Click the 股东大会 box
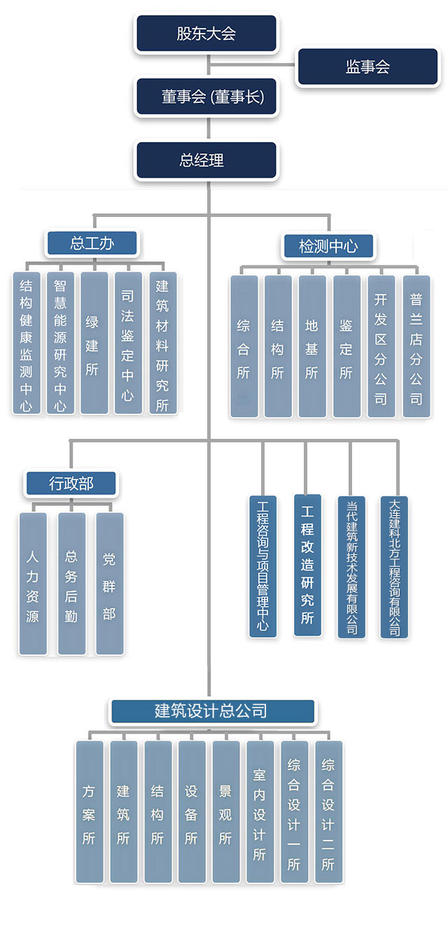click(206, 34)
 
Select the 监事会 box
click(367, 67)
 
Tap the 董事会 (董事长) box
click(206, 97)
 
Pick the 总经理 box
click(206, 160)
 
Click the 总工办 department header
click(92, 244)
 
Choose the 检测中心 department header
click(328, 246)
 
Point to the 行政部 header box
click(71, 483)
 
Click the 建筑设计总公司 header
click(211, 711)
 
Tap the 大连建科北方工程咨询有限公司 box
click(395, 567)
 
